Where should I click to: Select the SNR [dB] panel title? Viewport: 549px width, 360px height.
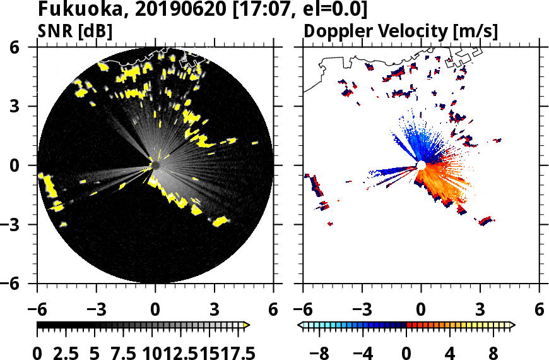coord(75,31)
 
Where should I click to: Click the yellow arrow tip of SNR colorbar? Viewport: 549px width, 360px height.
coord(247,325)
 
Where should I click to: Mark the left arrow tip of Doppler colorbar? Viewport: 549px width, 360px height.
coord(300,325)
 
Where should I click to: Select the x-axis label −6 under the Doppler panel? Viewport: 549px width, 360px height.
coord(303,311)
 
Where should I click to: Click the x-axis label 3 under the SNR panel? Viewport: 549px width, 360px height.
coord(214,311)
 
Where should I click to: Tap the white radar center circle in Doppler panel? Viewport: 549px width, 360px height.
coord(421,165)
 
